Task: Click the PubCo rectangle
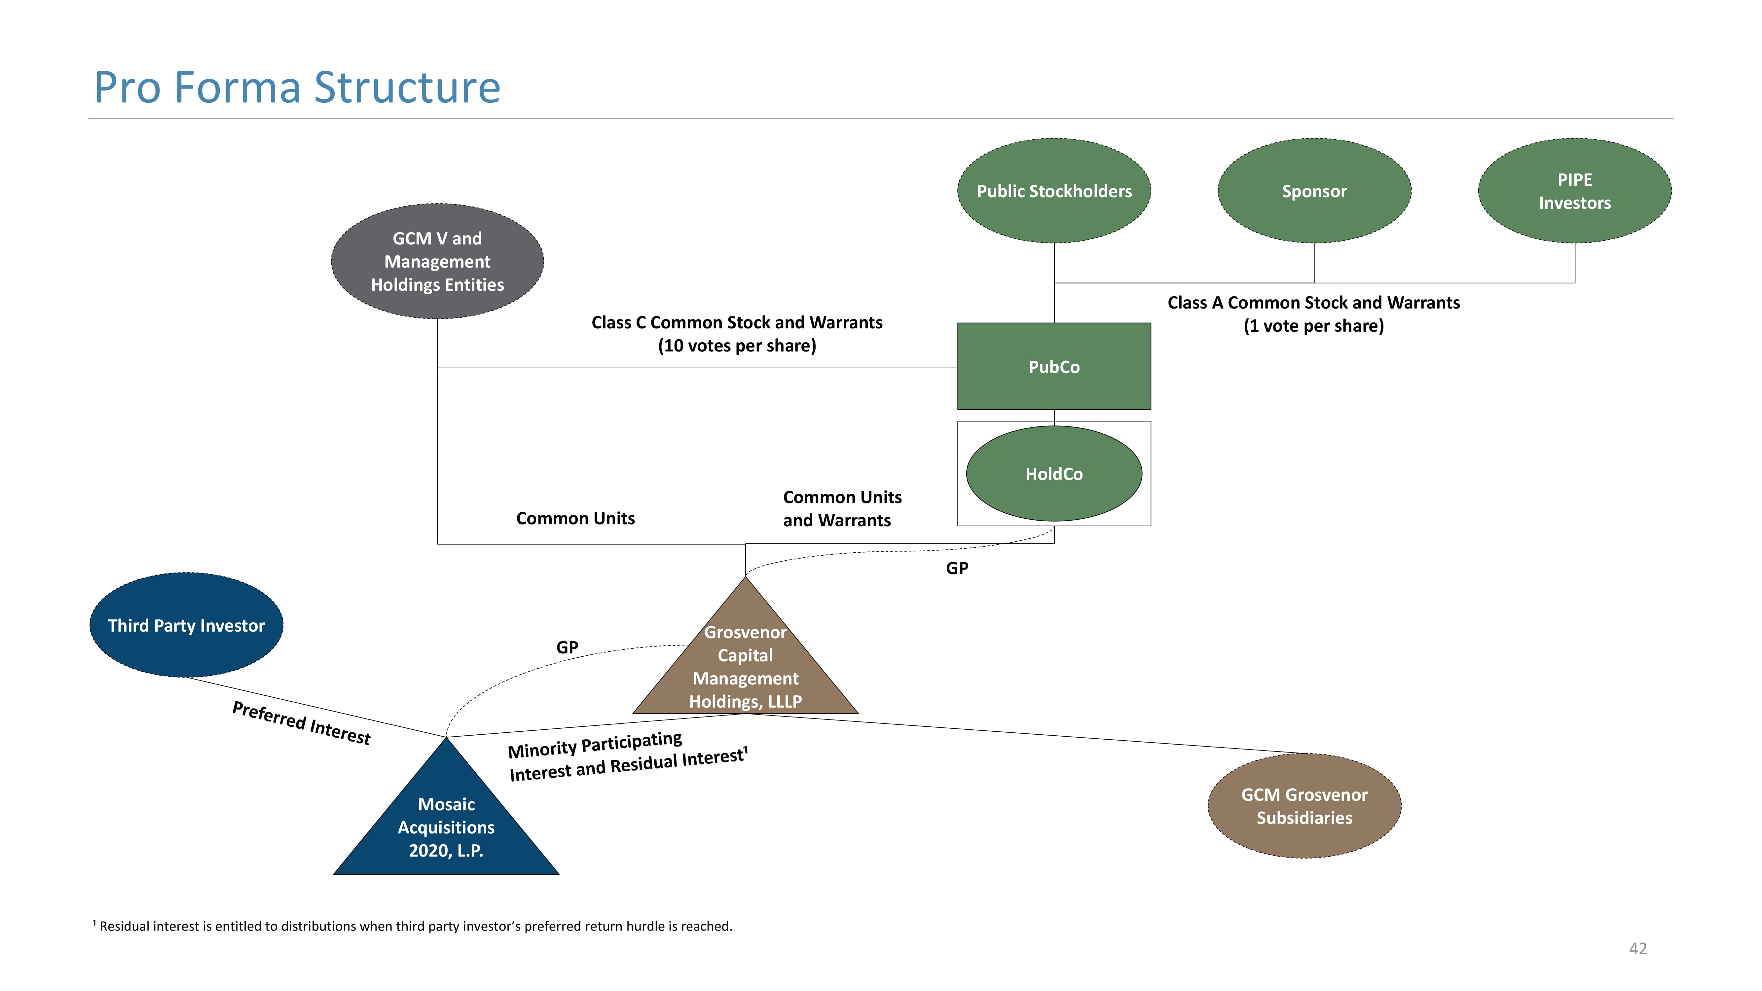1054,367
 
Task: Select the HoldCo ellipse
1054,473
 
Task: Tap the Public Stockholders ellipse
1054,191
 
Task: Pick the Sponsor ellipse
1314,191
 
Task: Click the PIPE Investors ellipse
1575,191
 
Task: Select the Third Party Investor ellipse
186,625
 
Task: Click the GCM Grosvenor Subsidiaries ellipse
1304,806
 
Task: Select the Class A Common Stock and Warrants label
1313,314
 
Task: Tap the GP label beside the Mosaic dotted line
567,647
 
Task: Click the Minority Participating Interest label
628,756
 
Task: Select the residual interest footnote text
413,926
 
